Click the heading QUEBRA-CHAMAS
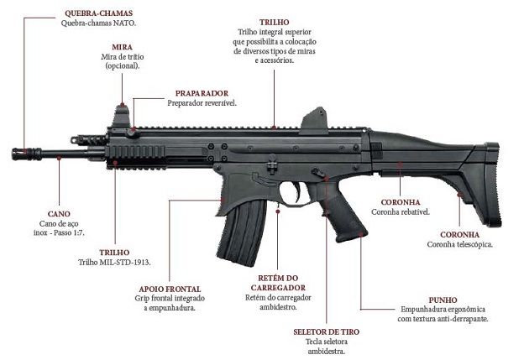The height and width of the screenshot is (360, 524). coord(98,14)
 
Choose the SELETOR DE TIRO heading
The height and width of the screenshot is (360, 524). coord(327,331)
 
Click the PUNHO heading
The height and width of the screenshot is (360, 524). coord(443,299)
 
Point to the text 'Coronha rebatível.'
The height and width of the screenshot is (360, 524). coord(401,212)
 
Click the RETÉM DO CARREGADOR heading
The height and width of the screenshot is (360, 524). coord(275,283)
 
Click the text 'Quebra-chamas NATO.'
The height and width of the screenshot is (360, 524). coord(98,23)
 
